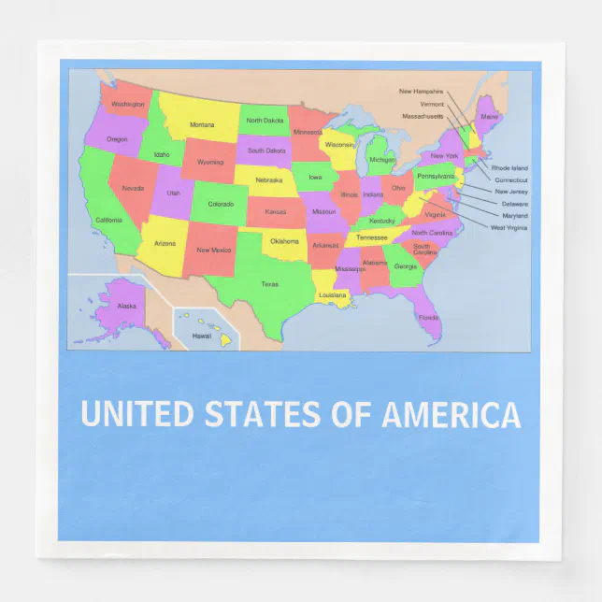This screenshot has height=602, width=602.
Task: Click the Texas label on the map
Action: pos(269,284)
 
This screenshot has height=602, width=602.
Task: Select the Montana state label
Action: pos(202,124)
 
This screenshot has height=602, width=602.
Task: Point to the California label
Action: pos(108,221)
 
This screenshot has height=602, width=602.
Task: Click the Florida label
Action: pos(428,318)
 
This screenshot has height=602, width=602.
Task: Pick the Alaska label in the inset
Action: pos(126,306)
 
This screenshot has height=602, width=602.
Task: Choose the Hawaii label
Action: pos(202,336)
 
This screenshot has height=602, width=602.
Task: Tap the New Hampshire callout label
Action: pos(421,92)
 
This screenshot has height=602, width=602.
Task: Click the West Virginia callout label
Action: pos(509,228)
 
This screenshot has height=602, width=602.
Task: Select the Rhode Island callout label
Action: pos(509,168)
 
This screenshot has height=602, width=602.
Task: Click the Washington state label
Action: pos(128,105)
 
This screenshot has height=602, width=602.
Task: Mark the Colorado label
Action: pos(221,204)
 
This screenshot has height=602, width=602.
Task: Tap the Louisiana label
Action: pos(333,294)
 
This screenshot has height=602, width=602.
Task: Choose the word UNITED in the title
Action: pos(137,414)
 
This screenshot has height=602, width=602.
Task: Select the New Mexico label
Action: pos(213,250)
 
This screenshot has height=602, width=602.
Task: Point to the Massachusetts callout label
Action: pos(423,116)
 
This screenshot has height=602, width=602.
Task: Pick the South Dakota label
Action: pos(267,150)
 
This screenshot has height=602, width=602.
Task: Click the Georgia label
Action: pos(405,266)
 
